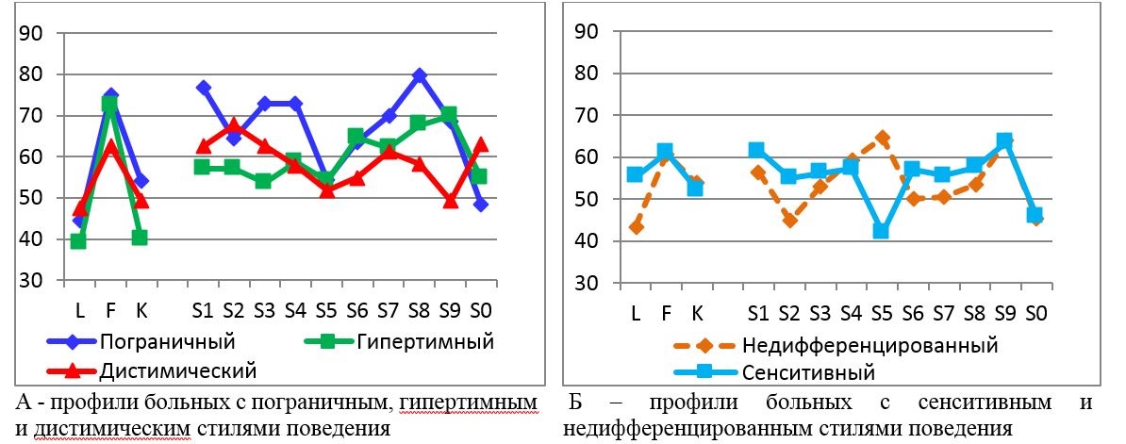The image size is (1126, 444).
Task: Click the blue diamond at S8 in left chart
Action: coord(420,74)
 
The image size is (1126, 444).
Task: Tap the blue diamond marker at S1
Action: coord(202,88)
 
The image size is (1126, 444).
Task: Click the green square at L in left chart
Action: coord(78,241)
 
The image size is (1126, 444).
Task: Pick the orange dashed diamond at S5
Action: coord(882,138)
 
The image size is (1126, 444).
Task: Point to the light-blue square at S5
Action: coord(882,231)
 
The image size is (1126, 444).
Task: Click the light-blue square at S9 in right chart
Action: coord(1004,140)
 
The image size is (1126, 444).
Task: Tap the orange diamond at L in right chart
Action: coord(637,226)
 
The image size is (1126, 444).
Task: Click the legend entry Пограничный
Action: coord(179,339)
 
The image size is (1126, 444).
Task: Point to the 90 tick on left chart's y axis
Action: coord(35,33)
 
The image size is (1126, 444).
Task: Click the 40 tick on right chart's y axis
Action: coord(588,240)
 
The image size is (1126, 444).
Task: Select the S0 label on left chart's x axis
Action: coord(481,309)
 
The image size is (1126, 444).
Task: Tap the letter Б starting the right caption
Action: coord(576,403)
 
